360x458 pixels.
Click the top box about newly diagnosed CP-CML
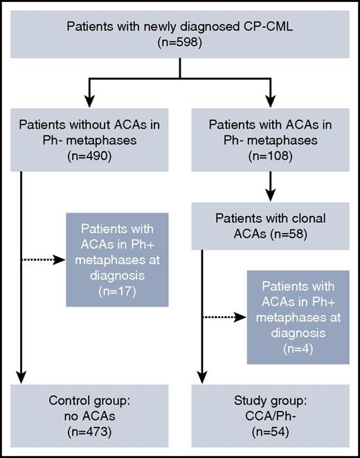pos(180,35)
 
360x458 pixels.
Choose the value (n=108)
pos(268,156)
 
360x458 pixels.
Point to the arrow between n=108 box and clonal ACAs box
pos(268,185)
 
